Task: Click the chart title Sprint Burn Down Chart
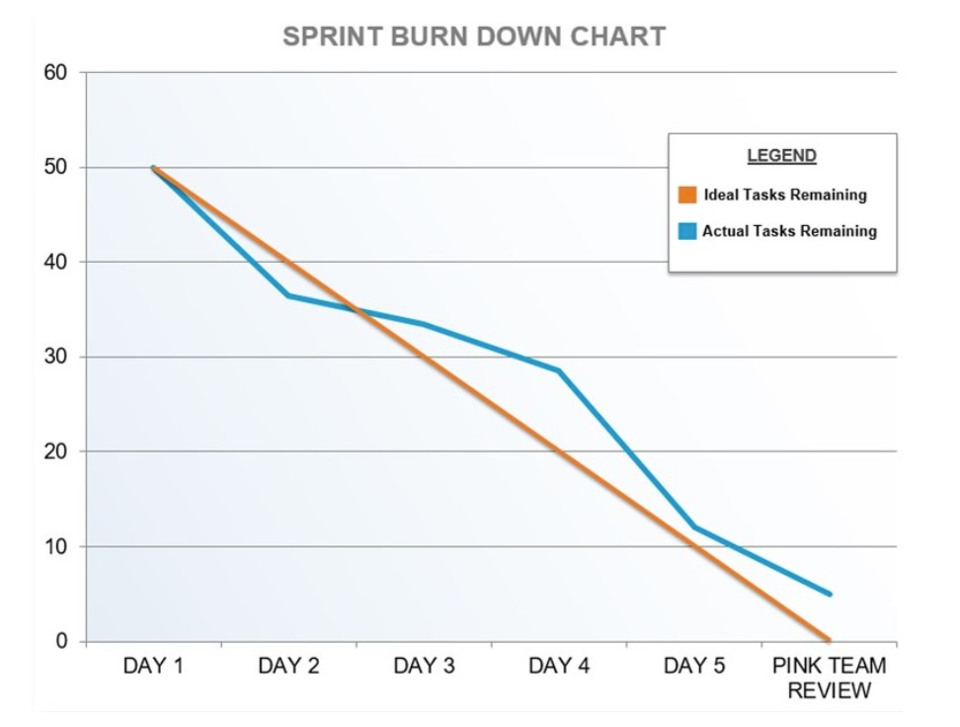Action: (x=474, y=37)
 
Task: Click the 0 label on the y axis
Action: (x=63, y=641)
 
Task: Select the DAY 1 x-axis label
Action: (x=153, y=667)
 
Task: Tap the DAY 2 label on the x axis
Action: (x=288, y=667)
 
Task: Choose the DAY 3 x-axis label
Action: (x=424, y=667)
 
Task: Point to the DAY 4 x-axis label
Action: (x=559, y=667)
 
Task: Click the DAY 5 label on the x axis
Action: (x=694, y=667)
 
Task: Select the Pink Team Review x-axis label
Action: (x=829, y=678)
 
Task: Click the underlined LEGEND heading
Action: (x=781, y=156)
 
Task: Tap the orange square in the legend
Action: (x=687, y=195)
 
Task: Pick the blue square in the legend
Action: (x=687, y=231)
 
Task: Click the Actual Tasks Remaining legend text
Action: (x=789, y=231)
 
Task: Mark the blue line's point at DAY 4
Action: (x=559, y=370)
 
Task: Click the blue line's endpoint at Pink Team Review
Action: (x=829, y=594)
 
